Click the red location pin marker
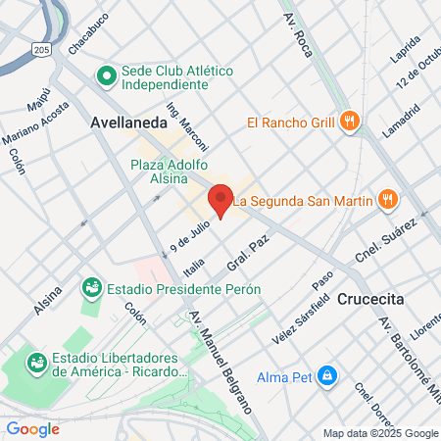(x=220, y=201)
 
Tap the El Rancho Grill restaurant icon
(x=351, y=122)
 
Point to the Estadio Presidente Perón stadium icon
(x=92, y=289)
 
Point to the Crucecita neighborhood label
(x=371, y=299)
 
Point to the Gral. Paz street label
(x=247, y=254)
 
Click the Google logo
(x=32, y=428)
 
